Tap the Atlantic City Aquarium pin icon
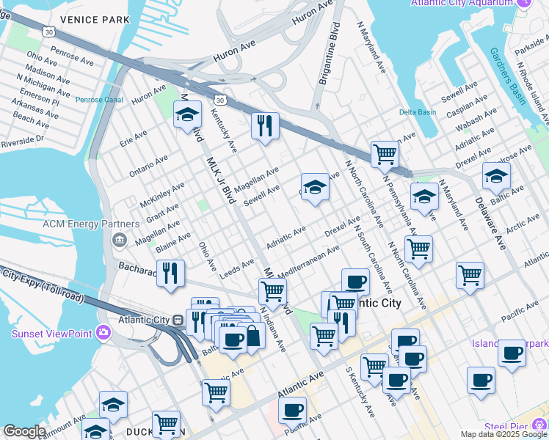523,3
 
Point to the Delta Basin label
417,112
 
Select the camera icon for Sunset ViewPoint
103,333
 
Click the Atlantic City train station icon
177,320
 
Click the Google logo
24,431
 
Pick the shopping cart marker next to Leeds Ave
272,290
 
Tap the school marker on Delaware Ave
496,177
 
